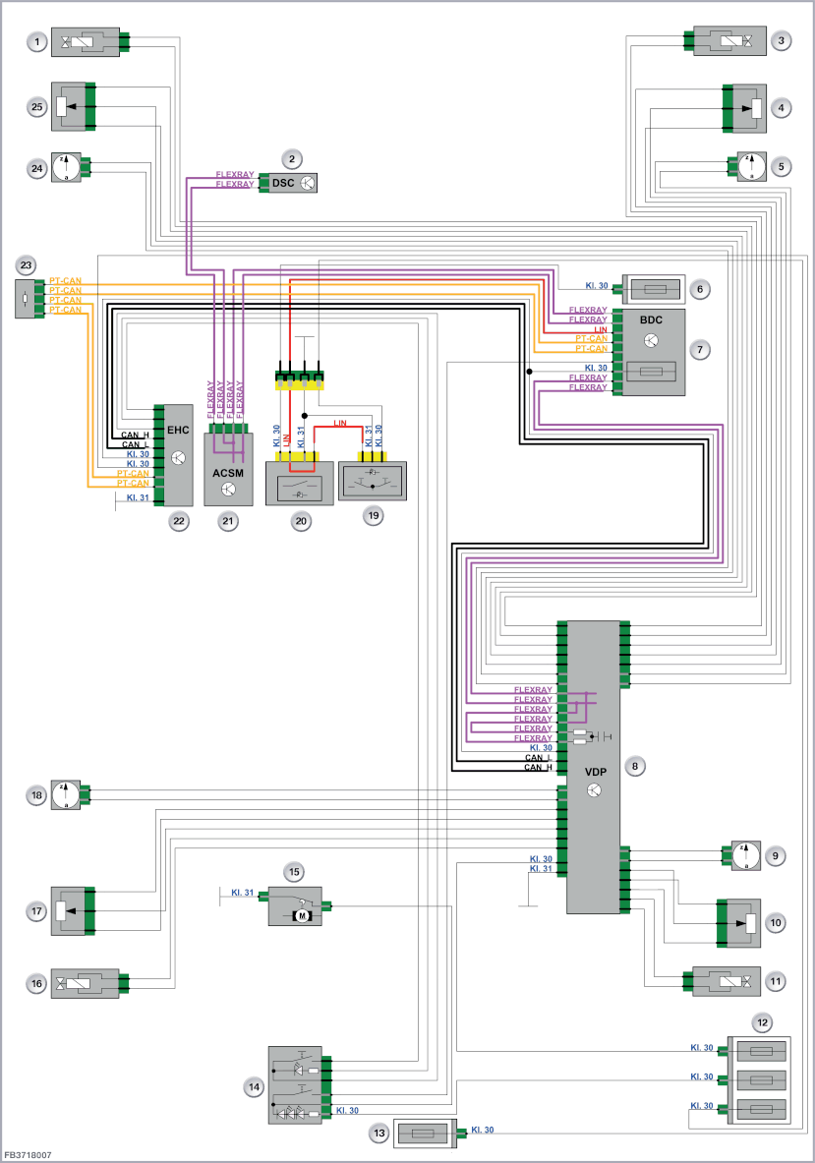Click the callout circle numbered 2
[291, 158]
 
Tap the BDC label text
[651, 320]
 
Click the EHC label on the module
[178, 430]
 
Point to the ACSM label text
[228, 473]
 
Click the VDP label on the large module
[596, 772]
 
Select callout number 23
[26, 264]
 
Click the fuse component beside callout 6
[654, 288]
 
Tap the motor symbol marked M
[302, 916]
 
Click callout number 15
[294, 871]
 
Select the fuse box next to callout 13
[424, 1133]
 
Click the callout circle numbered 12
[762, 1022]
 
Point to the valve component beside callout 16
[86, 983]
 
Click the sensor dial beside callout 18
[66, 795]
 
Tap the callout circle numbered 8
[635, 766]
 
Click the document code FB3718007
[29, 1155]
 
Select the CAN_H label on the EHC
[135, 436]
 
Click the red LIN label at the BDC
[600, 329]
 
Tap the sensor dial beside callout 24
[66, 168]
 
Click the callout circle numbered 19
[373, 515]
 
